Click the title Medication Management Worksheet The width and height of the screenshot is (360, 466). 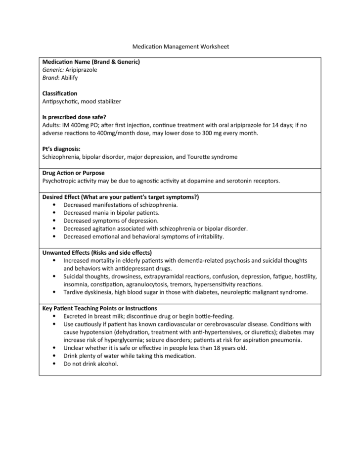click(180, 47)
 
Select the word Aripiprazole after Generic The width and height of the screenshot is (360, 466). click(82, 70)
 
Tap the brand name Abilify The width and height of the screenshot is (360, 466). click(69, 78)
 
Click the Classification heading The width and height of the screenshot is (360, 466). click(60, 93)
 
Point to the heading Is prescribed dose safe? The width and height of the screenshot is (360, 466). click(74, 117)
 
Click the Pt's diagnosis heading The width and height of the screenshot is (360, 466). click(61, 149)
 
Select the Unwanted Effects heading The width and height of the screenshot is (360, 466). click(97, 252)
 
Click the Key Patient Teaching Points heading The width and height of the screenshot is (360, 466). click(100, 308)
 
